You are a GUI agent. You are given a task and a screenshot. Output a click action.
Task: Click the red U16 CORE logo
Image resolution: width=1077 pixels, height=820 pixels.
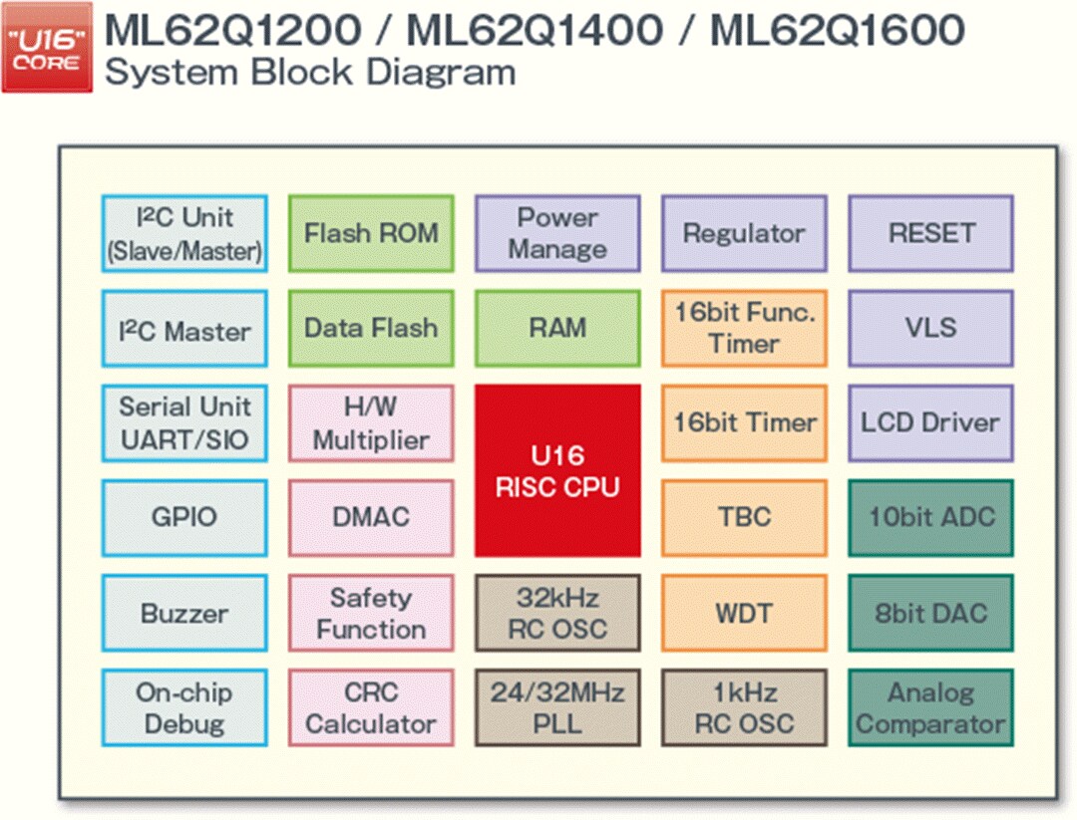pyautogui.click(x=47, y=47)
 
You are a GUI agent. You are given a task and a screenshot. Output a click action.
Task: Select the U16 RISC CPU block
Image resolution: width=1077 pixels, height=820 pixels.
pyautogui.click(x=557, y=470)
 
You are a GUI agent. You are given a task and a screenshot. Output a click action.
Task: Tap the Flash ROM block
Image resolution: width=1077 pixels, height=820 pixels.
pyautogui.click(x=371, y=233)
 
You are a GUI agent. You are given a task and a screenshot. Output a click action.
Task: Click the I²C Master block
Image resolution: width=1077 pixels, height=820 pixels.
pyautogui.click(x=184, y=328)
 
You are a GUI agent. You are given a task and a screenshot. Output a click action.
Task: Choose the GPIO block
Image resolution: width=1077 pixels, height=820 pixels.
pyautogui.click(x=184, y=517)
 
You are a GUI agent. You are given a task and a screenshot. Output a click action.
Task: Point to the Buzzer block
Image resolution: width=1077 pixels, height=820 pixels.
pyautogui.click(x=184, y=613)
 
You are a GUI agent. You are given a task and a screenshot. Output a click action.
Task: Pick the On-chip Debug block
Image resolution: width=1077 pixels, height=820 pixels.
pyautogui.click(x=184, y=707)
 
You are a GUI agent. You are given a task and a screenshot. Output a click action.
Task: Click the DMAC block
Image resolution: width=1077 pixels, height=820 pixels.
pyautogui.click(x=371, y=517)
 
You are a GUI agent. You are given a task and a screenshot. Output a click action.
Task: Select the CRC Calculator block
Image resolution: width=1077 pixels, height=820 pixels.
pyautogui.click(x=371, y=707)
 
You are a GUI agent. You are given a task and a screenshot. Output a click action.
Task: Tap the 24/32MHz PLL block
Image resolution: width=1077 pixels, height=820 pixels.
pyautogui.click(x=557, y=707)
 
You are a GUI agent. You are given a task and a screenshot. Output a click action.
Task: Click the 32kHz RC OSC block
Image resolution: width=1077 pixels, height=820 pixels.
pyautogui.click(x=557, y=613)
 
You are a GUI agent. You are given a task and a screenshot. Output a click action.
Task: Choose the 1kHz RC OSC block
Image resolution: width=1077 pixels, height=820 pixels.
pyautogui.click(x=744, y=707)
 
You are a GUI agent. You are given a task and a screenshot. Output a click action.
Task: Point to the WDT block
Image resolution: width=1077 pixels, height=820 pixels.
pyautogui.click(x=744, y=613)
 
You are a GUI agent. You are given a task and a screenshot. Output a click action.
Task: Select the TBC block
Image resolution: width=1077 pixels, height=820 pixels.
pyautogui.click(x=744, y=517)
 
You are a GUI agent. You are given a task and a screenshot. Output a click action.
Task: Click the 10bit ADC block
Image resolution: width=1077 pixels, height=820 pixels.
pyautogui.click(x=930, y=517)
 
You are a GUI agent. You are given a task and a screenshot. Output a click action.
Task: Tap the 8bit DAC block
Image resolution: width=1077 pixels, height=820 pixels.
pyautogui.click(x=930, y=613)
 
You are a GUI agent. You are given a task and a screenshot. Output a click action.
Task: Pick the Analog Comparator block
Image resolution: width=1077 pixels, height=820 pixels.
pyautogui.click(x=930, y=707)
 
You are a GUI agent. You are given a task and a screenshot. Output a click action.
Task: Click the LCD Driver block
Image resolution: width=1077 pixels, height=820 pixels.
pyautogui.click(x=930, y=422)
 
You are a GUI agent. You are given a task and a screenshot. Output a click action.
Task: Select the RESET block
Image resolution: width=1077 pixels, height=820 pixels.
pyautogui.click(x=930, y=233)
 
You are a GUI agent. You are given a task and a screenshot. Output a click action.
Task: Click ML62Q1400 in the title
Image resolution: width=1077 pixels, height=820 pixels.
pyautogui.click(x=535, y=31)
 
